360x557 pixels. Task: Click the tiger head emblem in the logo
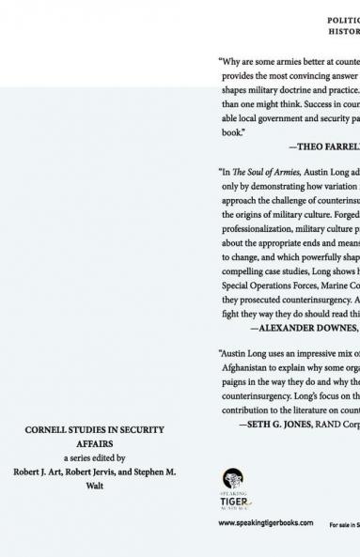point(232,479)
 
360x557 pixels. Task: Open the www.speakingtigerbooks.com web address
point(266,523)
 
